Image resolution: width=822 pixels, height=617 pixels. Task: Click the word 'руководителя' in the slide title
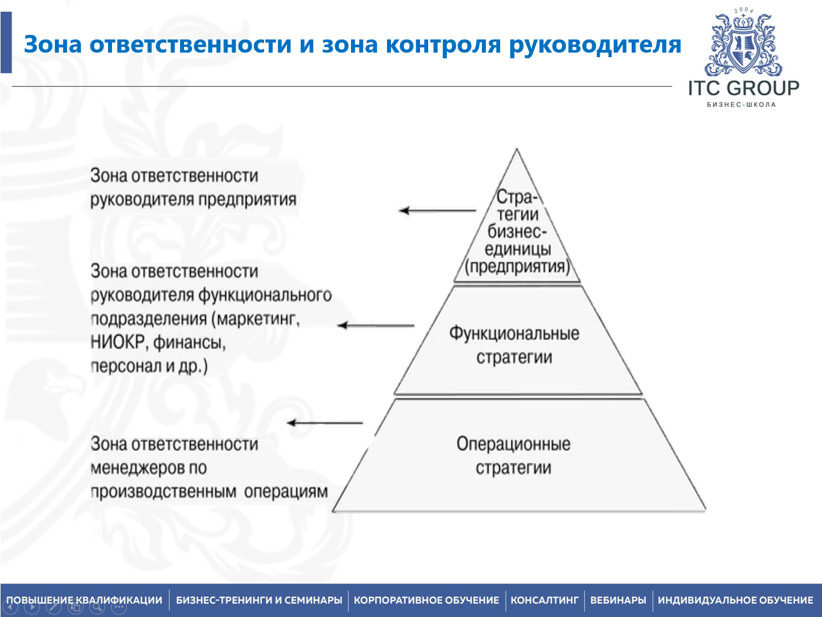coord(595,45)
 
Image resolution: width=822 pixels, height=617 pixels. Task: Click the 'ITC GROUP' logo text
coord(743,88)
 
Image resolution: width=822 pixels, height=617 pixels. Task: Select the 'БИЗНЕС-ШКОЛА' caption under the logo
coord(741,105)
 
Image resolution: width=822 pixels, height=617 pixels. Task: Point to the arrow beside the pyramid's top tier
coord(437,210)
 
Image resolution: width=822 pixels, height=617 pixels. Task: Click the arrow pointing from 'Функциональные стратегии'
coord(376,325)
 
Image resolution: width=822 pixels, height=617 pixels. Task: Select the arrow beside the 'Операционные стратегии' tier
coord(325,423)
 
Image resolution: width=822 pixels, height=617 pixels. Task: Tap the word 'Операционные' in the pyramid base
coord(513,444)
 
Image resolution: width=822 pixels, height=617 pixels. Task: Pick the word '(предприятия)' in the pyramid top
coord(517,266)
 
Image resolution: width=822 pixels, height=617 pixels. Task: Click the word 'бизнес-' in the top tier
coord(517,232)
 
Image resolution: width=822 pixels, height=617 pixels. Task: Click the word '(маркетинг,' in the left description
coord(255,319)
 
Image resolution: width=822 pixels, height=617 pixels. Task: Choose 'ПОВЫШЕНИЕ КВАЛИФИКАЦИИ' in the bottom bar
coord(85,600)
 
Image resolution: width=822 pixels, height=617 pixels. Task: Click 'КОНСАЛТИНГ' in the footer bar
coord(544,600)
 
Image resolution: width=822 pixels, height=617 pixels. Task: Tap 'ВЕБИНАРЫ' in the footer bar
coord(618,600)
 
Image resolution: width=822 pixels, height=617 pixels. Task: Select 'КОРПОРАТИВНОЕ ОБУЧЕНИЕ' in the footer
coord(426,600)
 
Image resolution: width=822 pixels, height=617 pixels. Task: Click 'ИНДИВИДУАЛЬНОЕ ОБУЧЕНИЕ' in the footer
coord(735,600)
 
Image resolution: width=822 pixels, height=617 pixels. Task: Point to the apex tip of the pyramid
coord(517,150)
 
